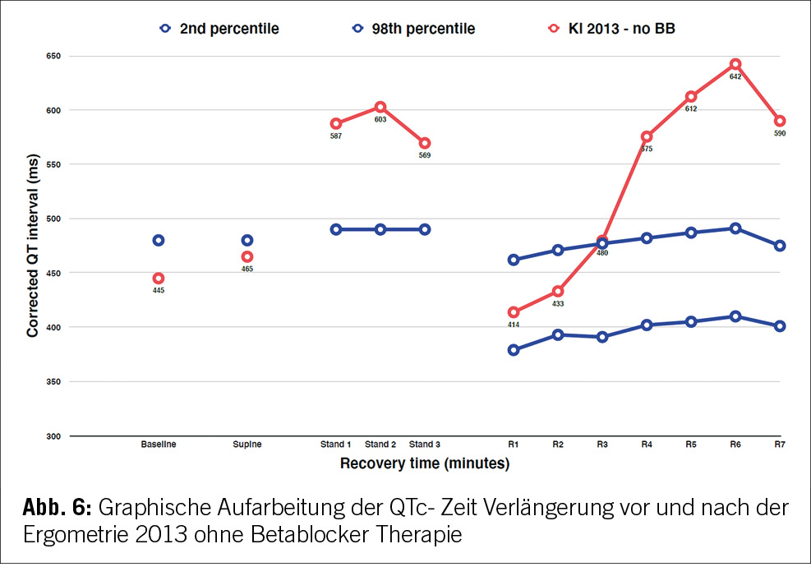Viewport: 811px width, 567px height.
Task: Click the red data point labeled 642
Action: (735, 64)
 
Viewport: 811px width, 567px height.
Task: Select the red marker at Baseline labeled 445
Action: (159, 279)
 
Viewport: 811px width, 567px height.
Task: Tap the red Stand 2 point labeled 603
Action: (380, 107)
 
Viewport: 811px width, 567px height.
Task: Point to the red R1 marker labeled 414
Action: (514, 312)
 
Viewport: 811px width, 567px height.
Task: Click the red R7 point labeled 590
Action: (780, 121)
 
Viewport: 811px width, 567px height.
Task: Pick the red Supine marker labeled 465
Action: (247, 257)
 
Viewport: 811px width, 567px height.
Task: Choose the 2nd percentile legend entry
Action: (219, 29)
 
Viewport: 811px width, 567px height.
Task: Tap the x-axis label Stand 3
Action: (425, 445)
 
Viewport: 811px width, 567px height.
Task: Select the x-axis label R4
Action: (647, 445)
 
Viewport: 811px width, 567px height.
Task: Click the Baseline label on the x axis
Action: (158, 445)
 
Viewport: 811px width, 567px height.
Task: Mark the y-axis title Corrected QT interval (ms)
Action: (33, 247)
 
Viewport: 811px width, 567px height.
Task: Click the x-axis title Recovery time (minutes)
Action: (425, 463)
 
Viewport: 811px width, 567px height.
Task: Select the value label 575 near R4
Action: (647, 149)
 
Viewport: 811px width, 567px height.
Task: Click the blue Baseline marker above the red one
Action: (159, 240)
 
